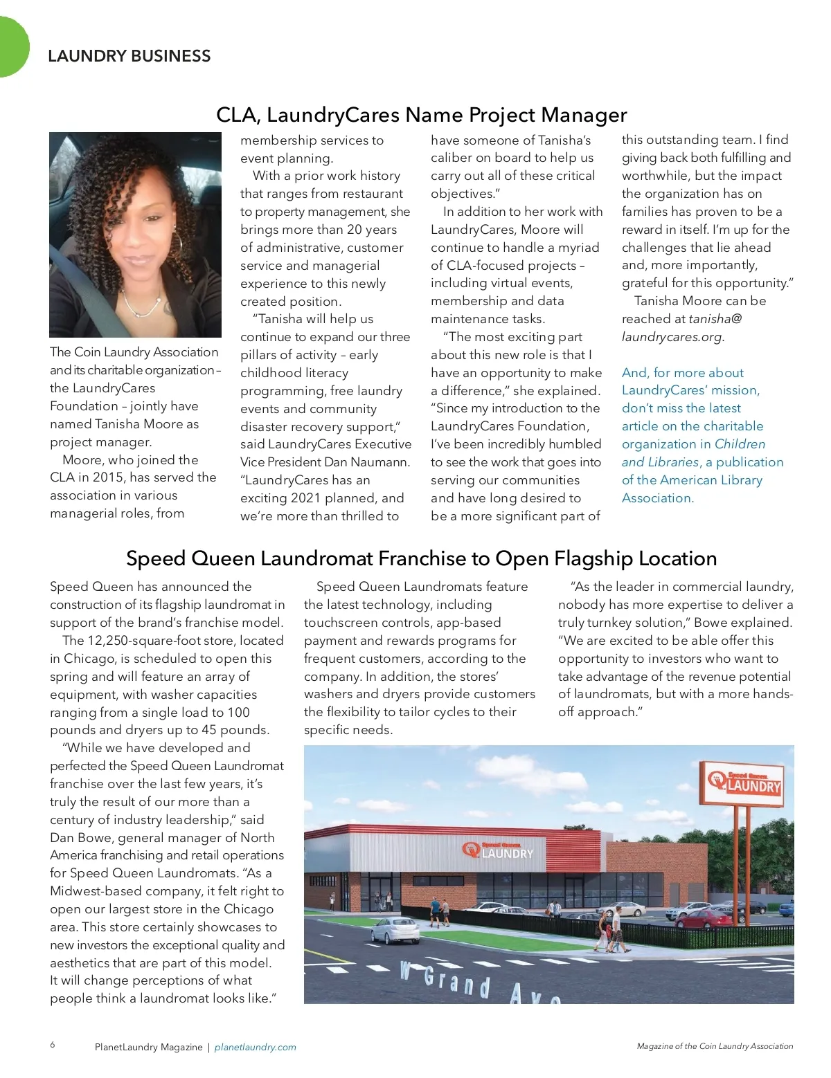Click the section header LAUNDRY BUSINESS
click(x=129, y=56)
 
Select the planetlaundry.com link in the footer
click(x=255, y=1047)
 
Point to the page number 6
click(x=53, y=1045)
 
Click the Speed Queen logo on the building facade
click(x=499, y=851)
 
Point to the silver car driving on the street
click(x=395, y=930)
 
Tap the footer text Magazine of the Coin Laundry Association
click(x=715, y=1046)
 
